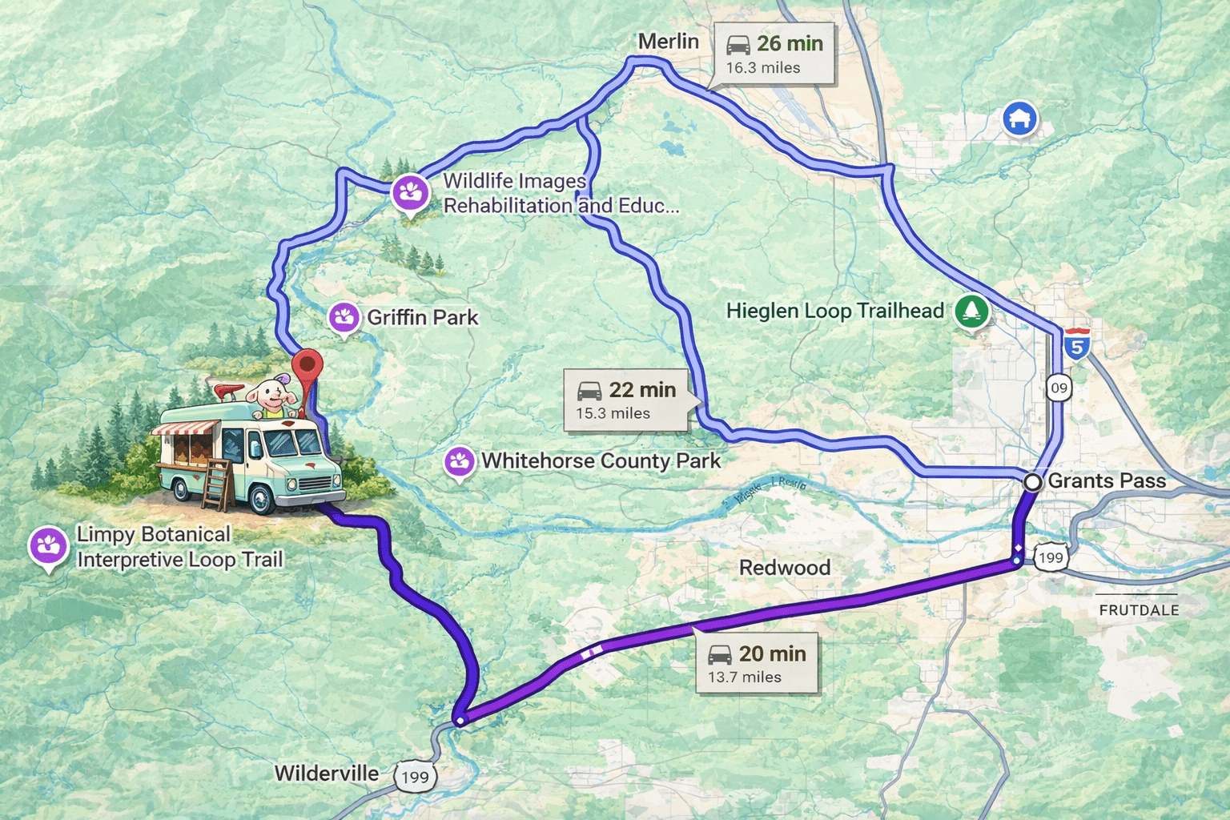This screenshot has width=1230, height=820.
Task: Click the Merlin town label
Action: pyautogui.click(x=668, y=42)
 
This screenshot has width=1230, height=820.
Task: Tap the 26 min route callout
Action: pyautogui.click(x=774, y=54)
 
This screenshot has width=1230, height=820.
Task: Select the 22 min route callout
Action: pyautogui.click(x=625, y=400)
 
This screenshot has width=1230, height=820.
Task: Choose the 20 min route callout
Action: pyautogui.click(x=756, y=664)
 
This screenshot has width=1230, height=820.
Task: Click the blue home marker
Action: pyautogui.click(x=1019, y=119)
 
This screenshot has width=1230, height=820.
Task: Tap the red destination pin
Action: pyautogui.click(x=307, y=367)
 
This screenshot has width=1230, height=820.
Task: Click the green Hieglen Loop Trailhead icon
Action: pyautogui.click(x=972, y=311)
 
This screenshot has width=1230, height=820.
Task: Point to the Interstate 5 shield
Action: pyautogui.click(x=1077, y=344)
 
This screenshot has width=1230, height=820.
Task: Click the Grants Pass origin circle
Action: pyautogui.click(x=1033, y=482)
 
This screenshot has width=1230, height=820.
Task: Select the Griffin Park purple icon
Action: pyautogui.click(x=344, y=317)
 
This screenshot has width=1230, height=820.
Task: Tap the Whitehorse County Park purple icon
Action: pyautogui.click(x=459, y=461)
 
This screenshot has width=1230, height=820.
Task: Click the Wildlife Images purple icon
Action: pyautogui.click(x=410, y=192)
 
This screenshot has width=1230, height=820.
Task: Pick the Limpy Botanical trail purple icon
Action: pyautogui.click(x=48, y=547)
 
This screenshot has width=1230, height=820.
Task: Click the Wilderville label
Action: pyautogui.click(x=327, y=774)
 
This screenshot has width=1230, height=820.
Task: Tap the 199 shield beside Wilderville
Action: pyautogui.click(x=415, y=776)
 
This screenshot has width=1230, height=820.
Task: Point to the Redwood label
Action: pyautogui.click(x=784, y=568)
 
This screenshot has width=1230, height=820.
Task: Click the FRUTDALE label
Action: pyautogui.click(x=1138, y=610)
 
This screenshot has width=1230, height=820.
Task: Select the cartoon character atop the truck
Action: pyautogui.click(x=268, y=396)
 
